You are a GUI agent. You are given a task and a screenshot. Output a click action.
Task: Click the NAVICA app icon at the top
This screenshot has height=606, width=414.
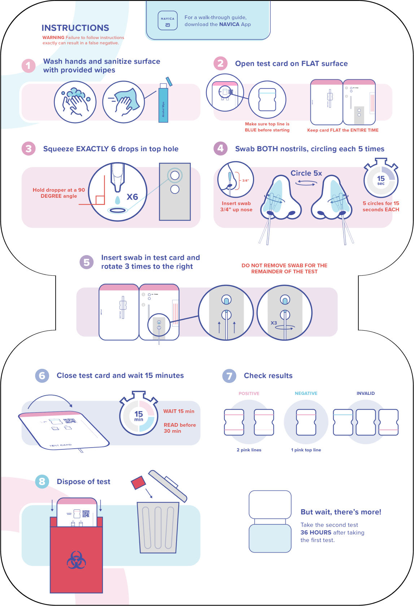pyautogui.click(x=167, y=21)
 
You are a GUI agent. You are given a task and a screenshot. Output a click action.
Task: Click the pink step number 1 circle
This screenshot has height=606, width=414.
pyautogui.click(x=29, y=66)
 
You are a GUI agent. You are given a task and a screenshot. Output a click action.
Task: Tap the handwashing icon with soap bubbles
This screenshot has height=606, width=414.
pyautogui.click(x=75, y=102)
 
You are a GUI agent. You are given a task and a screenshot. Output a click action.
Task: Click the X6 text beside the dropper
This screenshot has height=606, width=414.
pyautogui.click(x=132, y=197)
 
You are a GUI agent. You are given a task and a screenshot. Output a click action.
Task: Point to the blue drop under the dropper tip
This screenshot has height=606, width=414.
pyautogui.click(x=117, y=200)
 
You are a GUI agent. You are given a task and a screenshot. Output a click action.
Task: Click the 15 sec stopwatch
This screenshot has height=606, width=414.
pyautogui.click(x=381, y=179)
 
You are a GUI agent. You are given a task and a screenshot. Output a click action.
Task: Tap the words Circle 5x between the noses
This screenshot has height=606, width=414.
pyautogui.click(x=306, y=173)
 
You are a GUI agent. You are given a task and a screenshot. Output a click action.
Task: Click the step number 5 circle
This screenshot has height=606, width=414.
pyautogui.click(x=87, y=262)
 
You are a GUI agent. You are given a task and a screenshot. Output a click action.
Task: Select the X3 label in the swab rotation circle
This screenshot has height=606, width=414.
pyautogui.click(x=274, y=323)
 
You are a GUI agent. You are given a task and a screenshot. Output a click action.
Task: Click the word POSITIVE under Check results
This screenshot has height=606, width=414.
pyautogui.click(x=249, y=393)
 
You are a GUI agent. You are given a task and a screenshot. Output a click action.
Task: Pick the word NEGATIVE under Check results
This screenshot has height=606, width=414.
pyautogui.click(x=306, y=393)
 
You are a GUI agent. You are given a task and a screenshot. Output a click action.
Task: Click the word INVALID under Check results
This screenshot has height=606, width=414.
pyautogui.click(x=365, y=393)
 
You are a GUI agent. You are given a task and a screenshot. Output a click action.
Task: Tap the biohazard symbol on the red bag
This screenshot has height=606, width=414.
pyautogui.click(x=76, y=560)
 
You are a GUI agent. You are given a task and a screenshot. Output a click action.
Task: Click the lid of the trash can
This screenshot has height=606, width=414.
pyautogui.click(x=168, y=486)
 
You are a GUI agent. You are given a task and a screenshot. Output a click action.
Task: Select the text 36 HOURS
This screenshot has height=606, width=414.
pyautogui.click(x=316, y=532)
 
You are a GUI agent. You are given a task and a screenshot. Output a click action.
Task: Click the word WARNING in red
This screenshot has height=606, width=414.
pyautogui.click(x=53, y=38)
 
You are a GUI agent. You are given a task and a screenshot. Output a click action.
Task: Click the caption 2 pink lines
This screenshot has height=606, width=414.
pyautogui.click(x=249, y=450)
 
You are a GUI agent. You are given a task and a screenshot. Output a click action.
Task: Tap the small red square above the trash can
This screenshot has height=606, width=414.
pyautogui.click(x=138, y=483)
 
